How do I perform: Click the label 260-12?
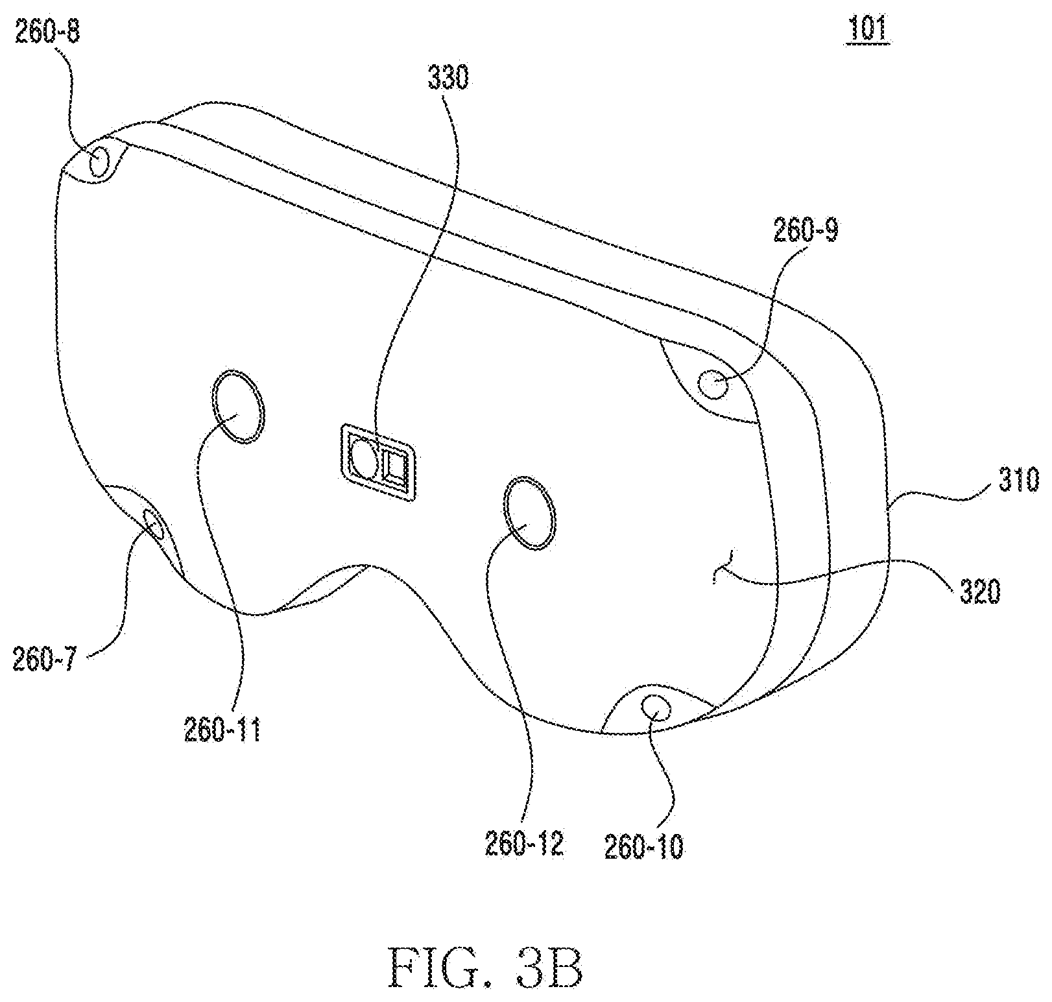[524, 844]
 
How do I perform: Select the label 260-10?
[643, 847]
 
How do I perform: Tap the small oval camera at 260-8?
[100, 161]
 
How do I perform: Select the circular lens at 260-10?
[656, 706]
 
